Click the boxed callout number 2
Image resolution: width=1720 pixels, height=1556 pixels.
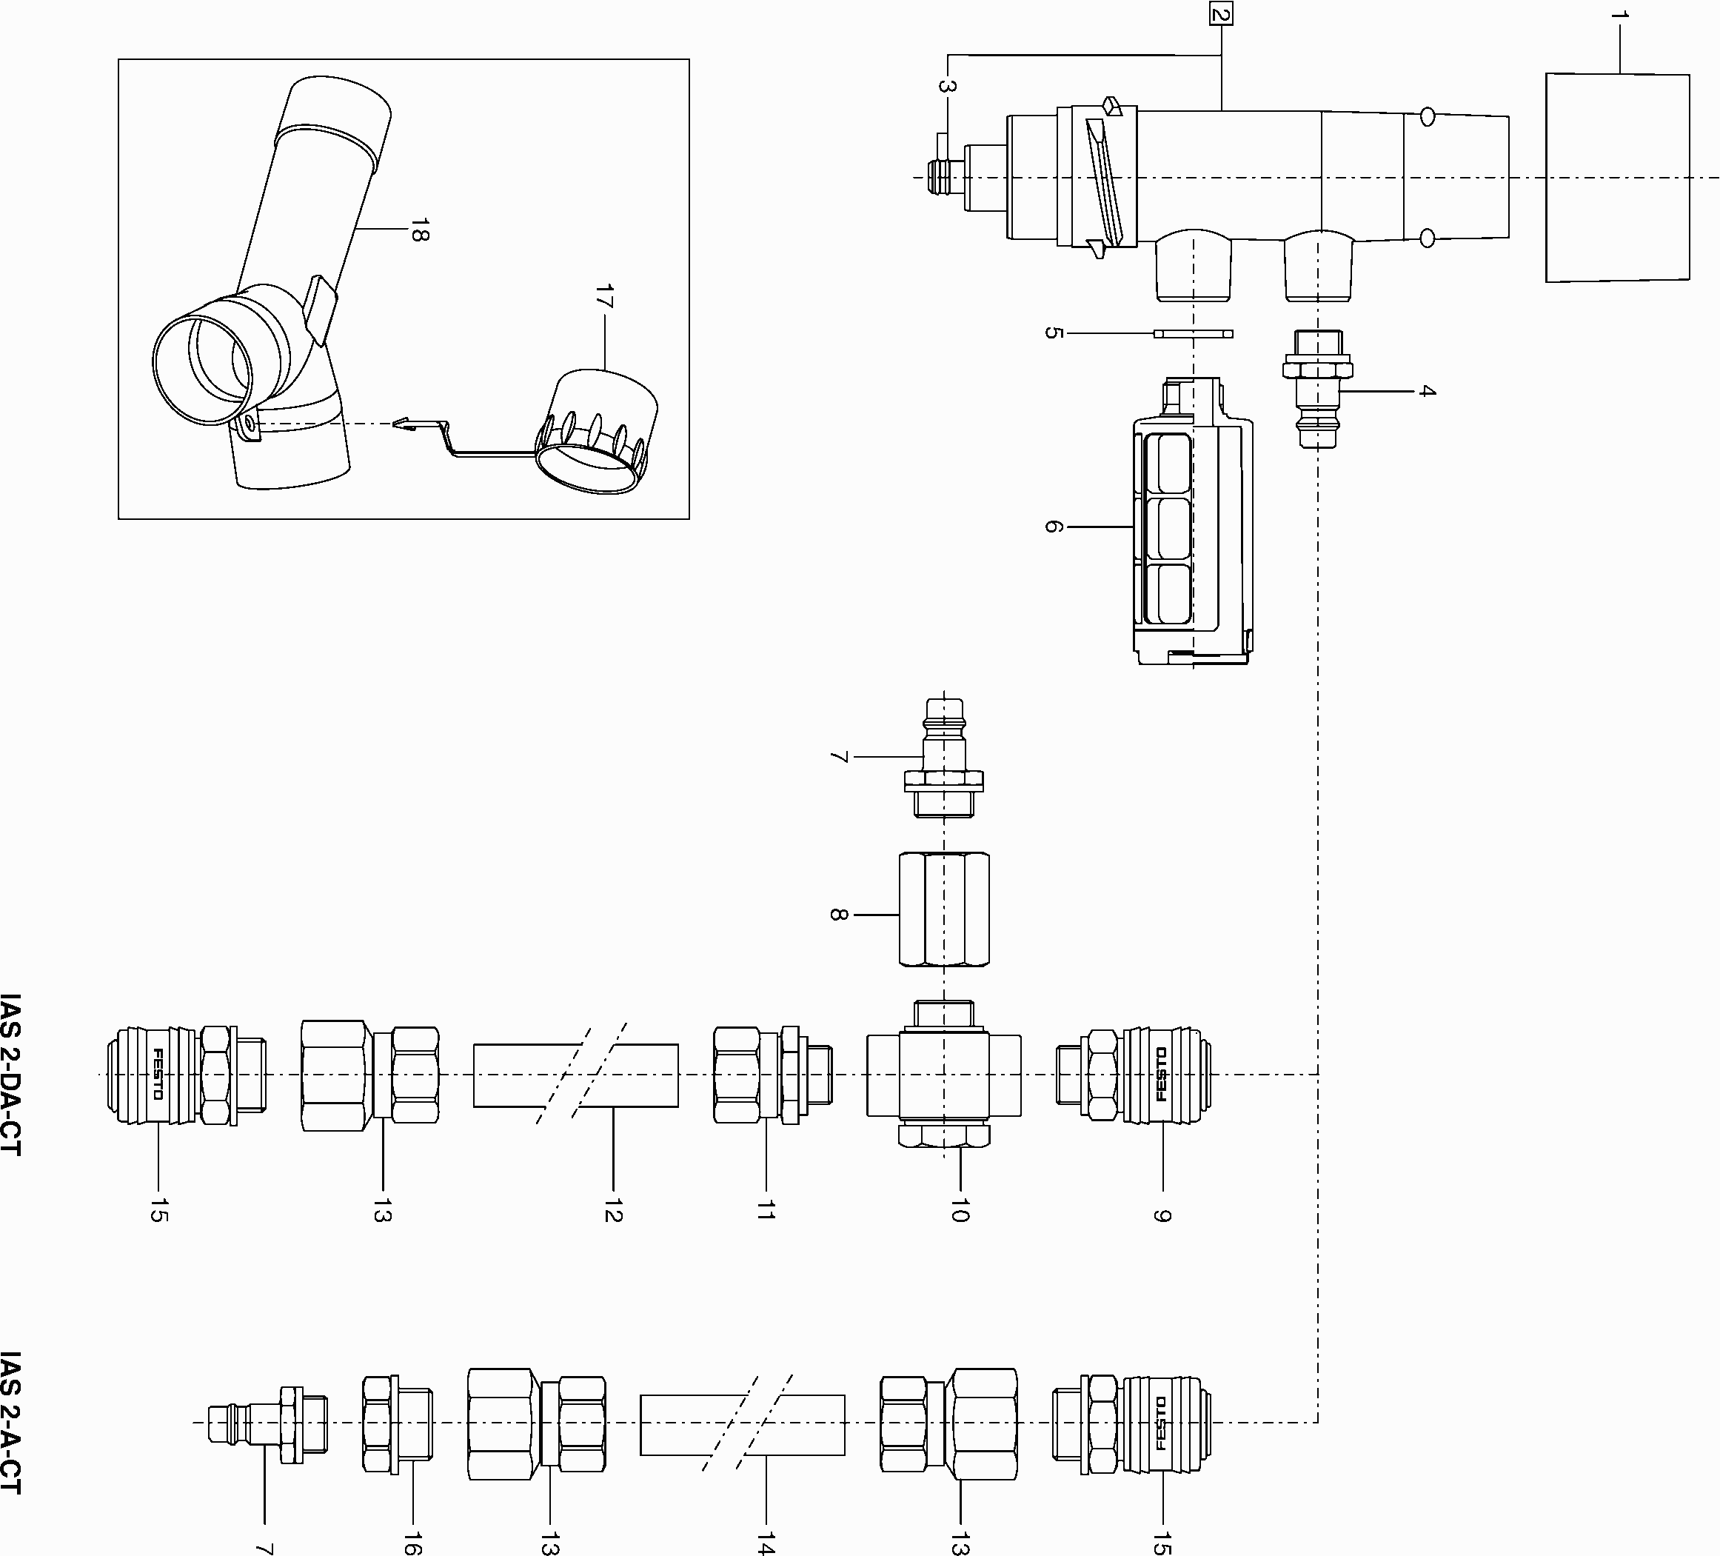click(1221, 15)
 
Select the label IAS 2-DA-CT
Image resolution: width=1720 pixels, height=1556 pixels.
click(11, 1075)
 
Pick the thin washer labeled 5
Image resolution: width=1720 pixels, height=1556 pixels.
click(1193, 333)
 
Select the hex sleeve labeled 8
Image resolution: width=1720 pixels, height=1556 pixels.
click(943, 909)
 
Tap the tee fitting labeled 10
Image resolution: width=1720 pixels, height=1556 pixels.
click(943, 1075)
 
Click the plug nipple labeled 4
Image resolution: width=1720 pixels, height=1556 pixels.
click(1317, 388)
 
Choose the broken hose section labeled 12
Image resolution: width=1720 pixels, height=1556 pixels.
click(576, 1075)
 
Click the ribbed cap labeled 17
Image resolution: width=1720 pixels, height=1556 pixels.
click(601, 431)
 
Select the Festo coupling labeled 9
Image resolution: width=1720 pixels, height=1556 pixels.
click(1135, 1075)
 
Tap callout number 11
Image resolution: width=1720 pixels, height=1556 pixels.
click(766, 1209)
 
